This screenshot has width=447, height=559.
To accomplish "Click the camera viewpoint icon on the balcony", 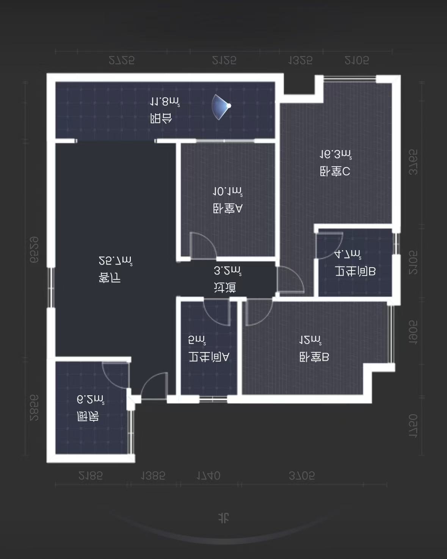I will pyautogui.click(x=221, y=107).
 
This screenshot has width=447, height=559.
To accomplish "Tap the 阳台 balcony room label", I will pyautogui.click(x=161, y=119).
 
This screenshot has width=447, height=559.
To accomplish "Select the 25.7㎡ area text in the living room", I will pyautogui.click(x=115, y=261).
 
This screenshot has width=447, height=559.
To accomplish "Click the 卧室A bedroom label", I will pyautogui.click(x=227, y=208).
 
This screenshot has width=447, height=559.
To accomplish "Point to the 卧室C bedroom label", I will pyautogui.click(x=335, y=172).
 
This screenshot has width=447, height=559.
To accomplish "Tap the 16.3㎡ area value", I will pyautogui.click(x=336, y=154).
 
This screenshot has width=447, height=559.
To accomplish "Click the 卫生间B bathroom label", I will pyautogui.click(x=355, y=271).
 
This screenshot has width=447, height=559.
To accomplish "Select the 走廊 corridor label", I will pyautogui.click(x=225, y=288).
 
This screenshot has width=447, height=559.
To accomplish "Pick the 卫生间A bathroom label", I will pyautogui.click(x=209, y=357).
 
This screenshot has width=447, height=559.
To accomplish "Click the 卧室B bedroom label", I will pyautogui.click(x=314, y=357).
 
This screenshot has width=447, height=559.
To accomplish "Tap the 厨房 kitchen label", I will pyautogui.click(x=88, y=417).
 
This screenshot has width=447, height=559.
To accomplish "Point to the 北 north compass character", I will pyautogui.click(x=224, y=518).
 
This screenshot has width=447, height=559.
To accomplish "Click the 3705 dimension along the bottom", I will pyautogui.click(x=302, y=476).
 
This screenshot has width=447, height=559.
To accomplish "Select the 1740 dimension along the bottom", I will pyautogui.click(x=208, y=476).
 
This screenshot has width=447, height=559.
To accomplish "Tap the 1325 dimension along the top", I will pyautogui.click(x=300, y=60).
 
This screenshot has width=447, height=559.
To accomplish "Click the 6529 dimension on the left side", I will pyautogui.click(x=34, y=250).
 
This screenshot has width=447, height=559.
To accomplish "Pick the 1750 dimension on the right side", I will pyautogui.click(x=413, y=426).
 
